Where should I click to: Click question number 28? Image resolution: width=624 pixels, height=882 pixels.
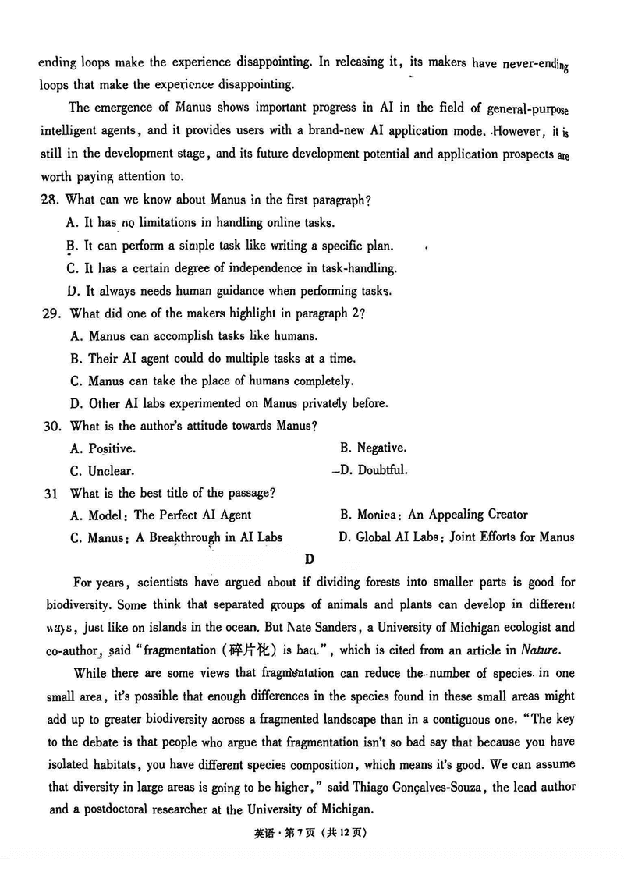(x=48, y=200)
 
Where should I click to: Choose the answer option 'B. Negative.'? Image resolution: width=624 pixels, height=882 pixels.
(x=373, y=448)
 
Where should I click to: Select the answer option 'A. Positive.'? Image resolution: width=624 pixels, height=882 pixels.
(x=102, y=448)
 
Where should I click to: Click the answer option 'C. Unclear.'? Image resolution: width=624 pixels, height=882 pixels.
(x=101, y=471)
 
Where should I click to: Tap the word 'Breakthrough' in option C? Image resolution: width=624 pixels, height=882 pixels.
(x=184, y=537)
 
